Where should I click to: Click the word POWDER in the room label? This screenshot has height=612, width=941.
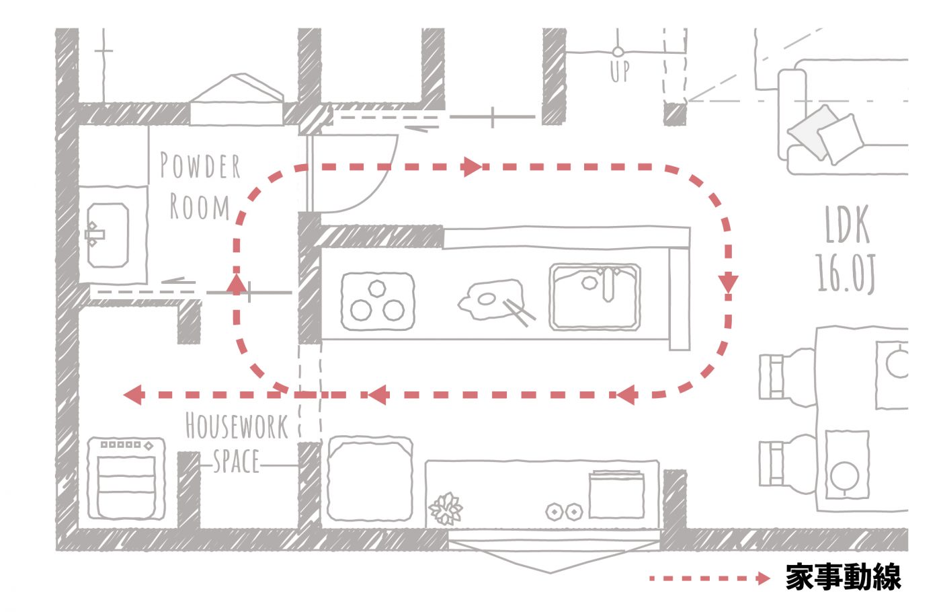pos(200,166)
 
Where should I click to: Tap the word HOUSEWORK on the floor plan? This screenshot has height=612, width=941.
pos(236,426)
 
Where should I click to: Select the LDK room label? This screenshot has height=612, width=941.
pos(847,225)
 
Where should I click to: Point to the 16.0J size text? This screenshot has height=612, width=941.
pos(846,273)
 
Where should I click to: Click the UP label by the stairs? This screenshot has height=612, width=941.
pos(620,71)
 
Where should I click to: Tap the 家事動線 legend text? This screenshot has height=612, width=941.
pos(843,577)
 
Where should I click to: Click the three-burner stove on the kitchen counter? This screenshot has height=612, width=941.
pos(376,301)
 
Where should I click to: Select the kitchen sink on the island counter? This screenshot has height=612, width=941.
pos(594,297)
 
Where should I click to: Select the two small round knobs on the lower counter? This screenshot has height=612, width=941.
pos(563,512)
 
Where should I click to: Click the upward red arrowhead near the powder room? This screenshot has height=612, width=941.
pos(236,283)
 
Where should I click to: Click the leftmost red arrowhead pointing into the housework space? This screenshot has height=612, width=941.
pos(134,395)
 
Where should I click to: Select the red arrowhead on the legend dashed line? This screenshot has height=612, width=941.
pos(762,578)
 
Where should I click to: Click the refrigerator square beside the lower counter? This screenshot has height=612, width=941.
pos(369,478)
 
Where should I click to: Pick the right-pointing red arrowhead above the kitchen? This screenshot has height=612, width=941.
pos(473,166)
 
